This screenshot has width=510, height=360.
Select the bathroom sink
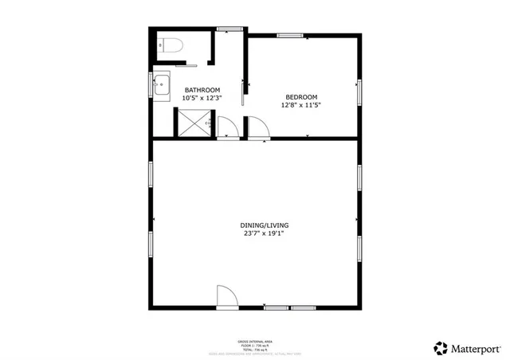click(x=162, y=83)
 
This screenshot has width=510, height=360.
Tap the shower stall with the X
click(x=191, y=123)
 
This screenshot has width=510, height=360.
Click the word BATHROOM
click(x=202, y=89)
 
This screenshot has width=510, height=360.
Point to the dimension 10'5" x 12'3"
click(x=202, y=98)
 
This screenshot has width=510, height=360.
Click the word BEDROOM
click(x=301, y=96)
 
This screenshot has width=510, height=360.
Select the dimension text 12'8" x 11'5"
click(x=301, y=104)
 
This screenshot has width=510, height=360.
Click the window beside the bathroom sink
click(x=152, y=83)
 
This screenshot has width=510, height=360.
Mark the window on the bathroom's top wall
click(x=229, y=29)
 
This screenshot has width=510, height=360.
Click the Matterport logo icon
click(x=441, y=347)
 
